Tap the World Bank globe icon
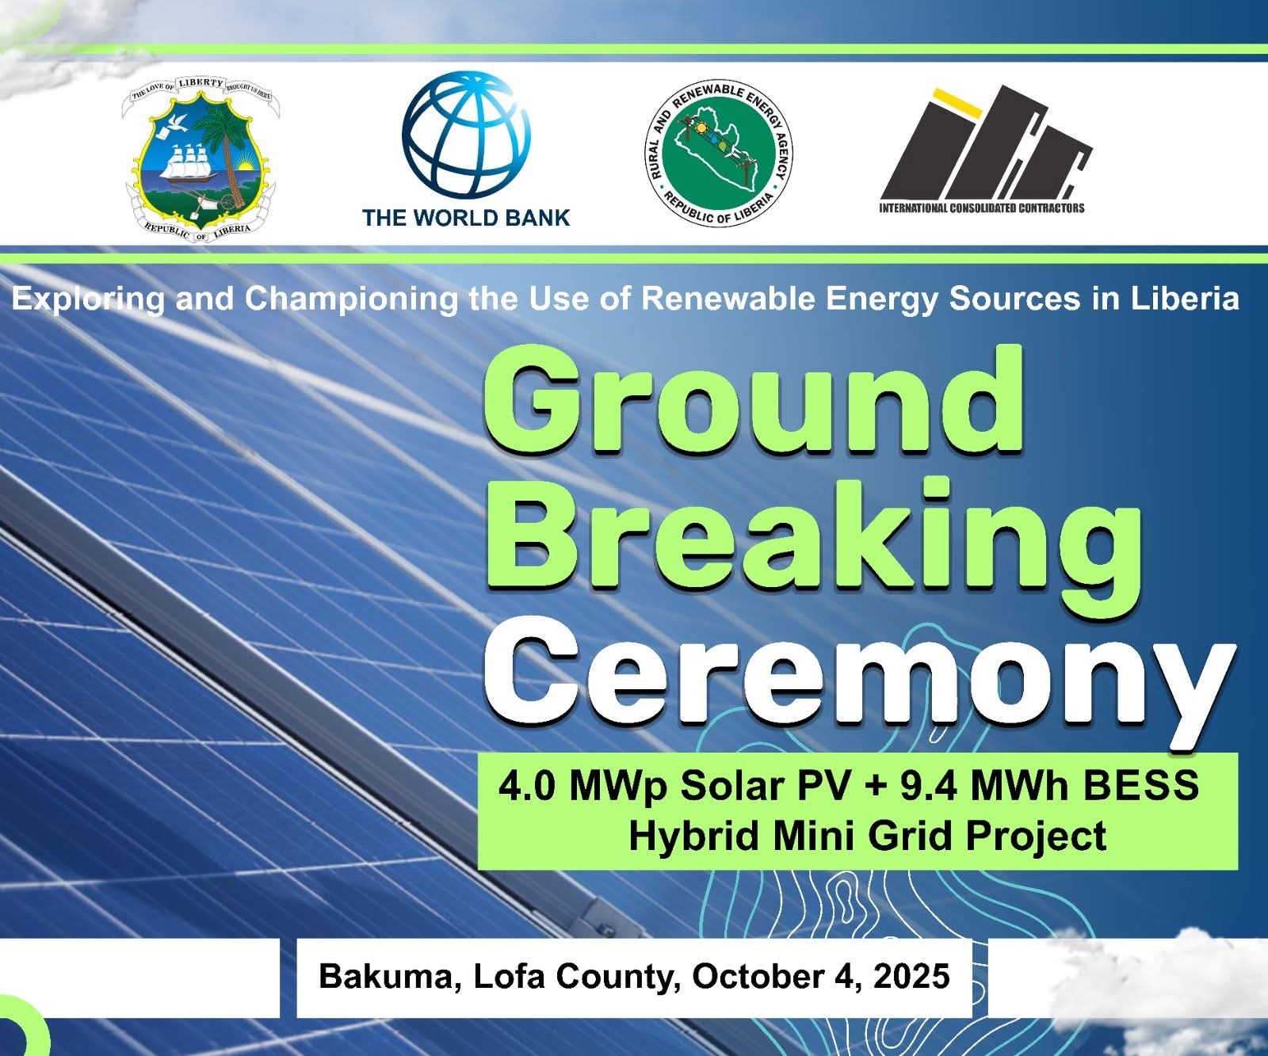point(466,135)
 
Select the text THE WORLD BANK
point(466,217)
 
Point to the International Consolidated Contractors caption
point(982,208)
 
